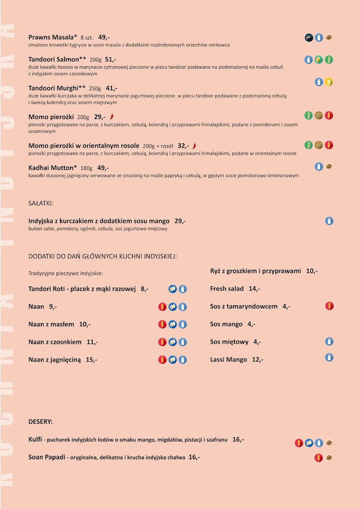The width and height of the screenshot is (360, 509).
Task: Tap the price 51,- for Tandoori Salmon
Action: (110, 59)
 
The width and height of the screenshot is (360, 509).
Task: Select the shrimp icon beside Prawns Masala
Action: (309, 38)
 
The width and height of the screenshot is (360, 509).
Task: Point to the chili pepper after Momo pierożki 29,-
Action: (112, 116)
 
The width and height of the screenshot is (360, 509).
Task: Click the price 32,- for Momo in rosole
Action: (183, 145)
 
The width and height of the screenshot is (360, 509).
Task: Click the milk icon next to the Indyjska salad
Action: (329, 221)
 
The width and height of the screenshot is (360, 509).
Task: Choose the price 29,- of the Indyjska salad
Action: (180, 221)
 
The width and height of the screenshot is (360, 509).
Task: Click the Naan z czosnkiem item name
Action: (55, 342)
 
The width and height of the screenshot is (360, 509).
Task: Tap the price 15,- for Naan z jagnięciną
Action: (91, 360)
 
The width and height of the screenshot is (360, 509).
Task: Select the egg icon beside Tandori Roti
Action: (172, 289)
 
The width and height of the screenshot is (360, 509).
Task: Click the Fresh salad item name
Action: (227, 289)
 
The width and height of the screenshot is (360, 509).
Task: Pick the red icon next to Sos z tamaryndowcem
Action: (329, 306)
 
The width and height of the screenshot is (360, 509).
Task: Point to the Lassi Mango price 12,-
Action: (258, 360)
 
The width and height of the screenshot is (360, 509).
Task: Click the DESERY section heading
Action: (40, 422)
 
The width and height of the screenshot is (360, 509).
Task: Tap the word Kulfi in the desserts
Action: (35, 439)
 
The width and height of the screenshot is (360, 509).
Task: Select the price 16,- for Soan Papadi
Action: (194, 457)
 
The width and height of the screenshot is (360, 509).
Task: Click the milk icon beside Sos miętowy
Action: (329, 341)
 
